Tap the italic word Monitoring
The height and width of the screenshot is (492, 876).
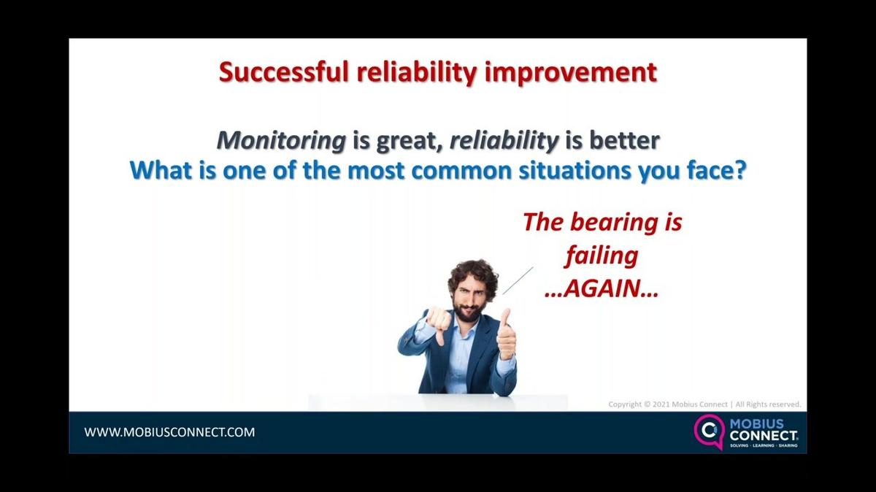[282, 140]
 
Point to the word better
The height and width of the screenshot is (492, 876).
[623, 140]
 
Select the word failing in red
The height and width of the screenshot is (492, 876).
[602, 255]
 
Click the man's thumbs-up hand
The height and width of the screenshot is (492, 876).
[506, 336]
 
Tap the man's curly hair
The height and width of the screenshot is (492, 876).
[472, 272]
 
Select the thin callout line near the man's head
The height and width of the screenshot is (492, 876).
[518, 280]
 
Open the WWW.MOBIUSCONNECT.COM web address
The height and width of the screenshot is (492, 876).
[170, 432]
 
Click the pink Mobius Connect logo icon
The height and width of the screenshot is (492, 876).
[707, 431]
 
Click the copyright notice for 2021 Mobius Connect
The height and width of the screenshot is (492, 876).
[704, 404]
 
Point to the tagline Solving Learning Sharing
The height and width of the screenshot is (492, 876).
[764, 445]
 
